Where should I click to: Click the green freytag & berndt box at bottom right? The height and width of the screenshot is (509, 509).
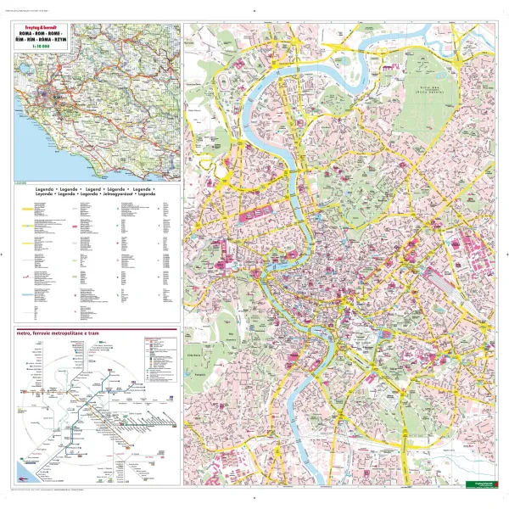click(478, 485)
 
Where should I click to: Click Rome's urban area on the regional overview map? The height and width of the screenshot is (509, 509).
click(60, 97)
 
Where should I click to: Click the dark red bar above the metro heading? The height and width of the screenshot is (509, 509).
click(93, 327)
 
